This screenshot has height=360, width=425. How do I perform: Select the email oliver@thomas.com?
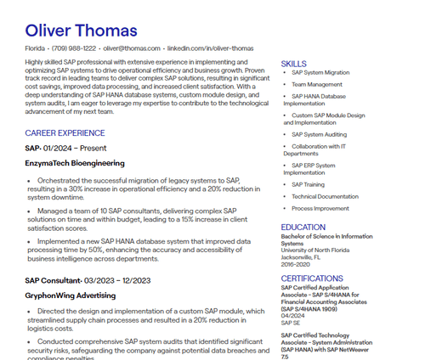132,49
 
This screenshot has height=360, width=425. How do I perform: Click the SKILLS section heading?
293,64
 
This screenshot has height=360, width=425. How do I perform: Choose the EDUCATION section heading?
303,227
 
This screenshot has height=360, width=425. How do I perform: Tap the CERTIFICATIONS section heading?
312,278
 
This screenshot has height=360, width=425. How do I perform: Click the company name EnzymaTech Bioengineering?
75,162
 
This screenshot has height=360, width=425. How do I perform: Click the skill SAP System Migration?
320,73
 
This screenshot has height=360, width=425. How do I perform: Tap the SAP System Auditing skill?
319,134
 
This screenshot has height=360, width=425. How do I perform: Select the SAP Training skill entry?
308,184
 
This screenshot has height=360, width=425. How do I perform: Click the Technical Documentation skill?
325,196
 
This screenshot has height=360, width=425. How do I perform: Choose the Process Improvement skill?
320,208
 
